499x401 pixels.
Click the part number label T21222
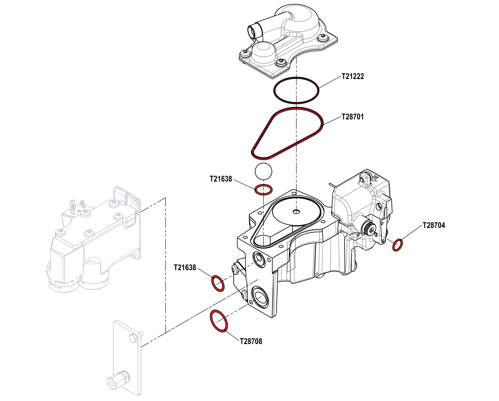pos(353,76)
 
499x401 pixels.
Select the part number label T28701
pos(352,117)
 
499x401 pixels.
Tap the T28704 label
pos(434,225)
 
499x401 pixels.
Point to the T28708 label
pos(251,341)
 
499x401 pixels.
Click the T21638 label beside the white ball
pos(221,179)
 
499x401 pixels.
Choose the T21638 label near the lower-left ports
pos(185,268)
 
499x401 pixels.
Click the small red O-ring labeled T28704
pos(397,245)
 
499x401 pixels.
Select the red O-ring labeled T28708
pos(219,321)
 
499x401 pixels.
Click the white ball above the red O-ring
pos(264,171)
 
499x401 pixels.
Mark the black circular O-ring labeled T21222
pos(296,90)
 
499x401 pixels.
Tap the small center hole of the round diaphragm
pos(296,211)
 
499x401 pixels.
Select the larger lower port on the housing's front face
pos(260,297)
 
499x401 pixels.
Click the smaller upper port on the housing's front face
pos(259,259)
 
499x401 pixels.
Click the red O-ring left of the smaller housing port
pos(218,283)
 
